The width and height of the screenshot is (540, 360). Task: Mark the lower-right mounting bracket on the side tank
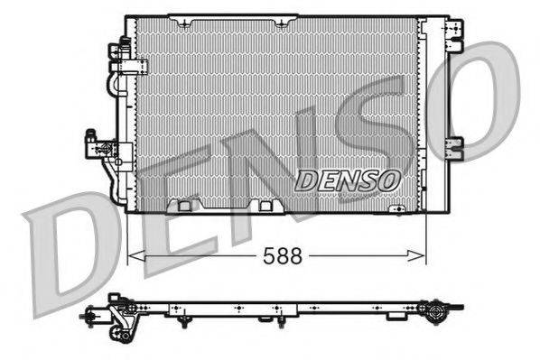click(x=455, y=144)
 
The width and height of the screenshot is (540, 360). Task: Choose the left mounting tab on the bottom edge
click(x=184, y=206)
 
